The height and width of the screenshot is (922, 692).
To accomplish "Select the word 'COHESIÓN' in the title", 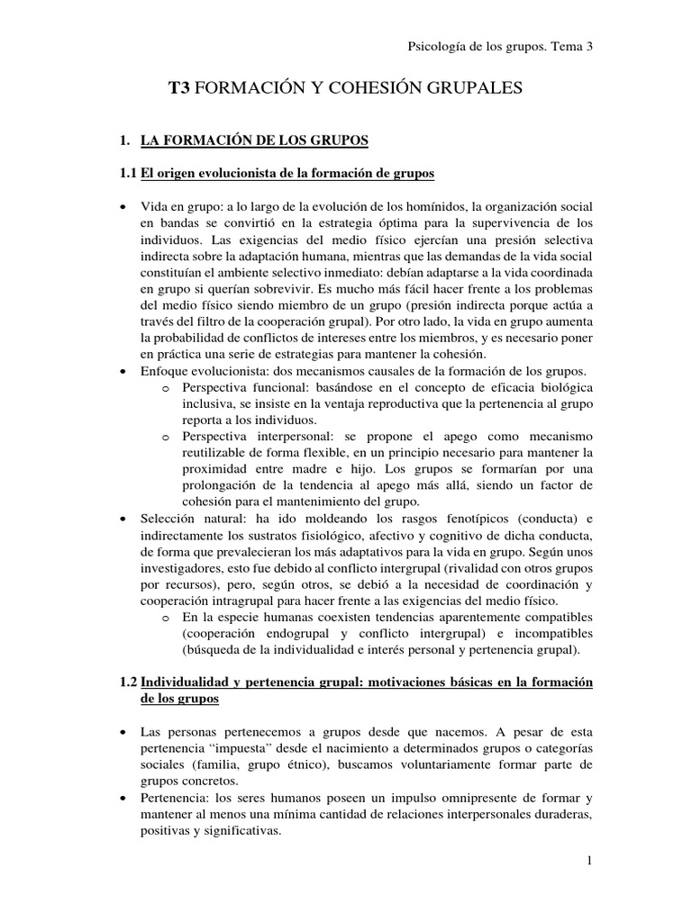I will (x=360, y=87).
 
